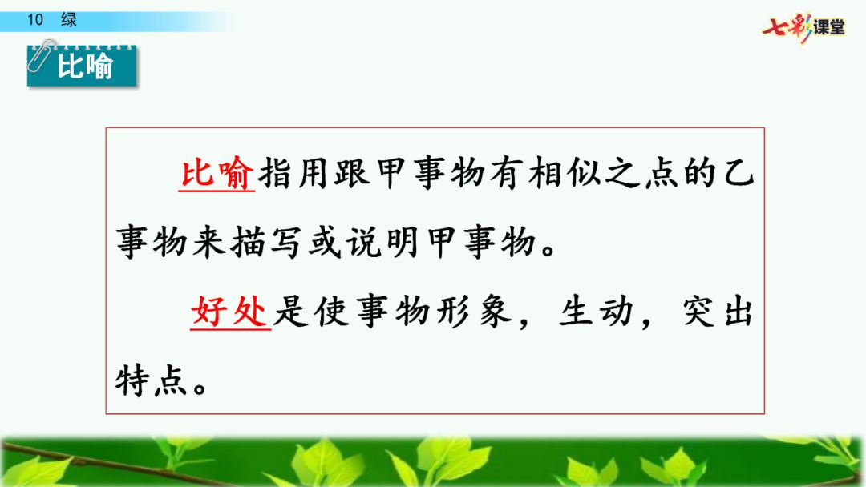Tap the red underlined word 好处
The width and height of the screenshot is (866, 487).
[230, 312]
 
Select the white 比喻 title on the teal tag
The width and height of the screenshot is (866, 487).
[85, 66]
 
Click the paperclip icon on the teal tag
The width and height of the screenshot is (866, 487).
[42, 55]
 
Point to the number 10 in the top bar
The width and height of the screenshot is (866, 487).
[34, 20]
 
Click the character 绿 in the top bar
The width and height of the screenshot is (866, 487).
[69, 20]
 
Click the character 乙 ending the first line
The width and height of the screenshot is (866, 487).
[738, 173]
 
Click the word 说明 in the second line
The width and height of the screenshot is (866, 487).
[382, 243]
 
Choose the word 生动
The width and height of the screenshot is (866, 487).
[595, 312]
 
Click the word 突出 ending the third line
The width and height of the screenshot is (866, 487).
[718, 312]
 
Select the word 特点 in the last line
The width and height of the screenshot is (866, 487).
[151, 381]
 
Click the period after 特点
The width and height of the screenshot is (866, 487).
[200, 387]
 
